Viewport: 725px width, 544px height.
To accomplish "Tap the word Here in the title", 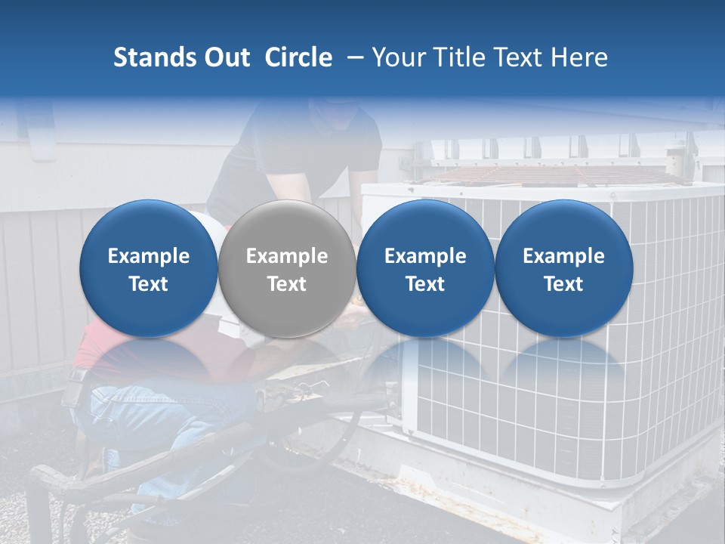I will [x=579, y=57].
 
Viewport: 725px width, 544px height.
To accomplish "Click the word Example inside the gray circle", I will [x=287, y=256].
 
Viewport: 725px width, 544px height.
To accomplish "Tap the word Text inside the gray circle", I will [x=287, y=284].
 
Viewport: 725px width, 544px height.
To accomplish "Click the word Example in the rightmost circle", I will [x=564, y=256].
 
